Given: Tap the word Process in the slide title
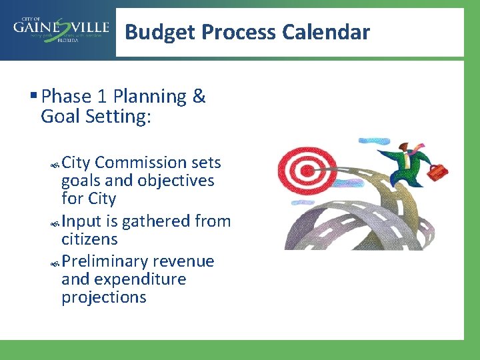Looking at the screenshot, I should tap(239, 31).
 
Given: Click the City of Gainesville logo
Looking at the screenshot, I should tap(61, 29).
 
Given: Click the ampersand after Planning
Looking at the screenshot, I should tap(199, 97).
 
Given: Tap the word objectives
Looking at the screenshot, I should tap(176, 181).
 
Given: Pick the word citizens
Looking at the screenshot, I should tap(89, 239).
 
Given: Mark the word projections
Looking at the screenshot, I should tap(103, 297).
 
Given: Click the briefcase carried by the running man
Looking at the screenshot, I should tap(438, 172).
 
